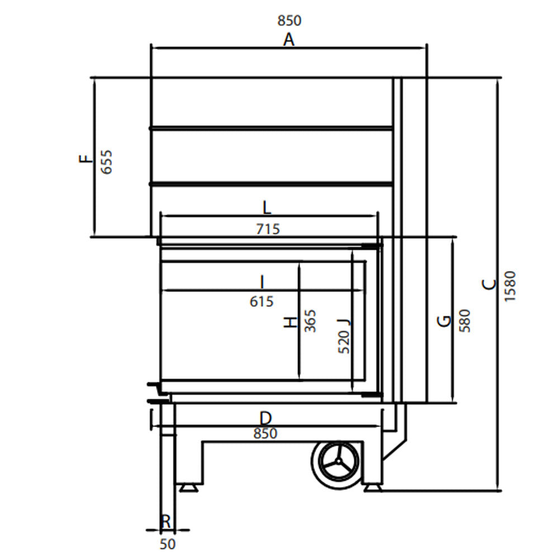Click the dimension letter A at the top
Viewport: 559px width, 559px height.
point(288,40)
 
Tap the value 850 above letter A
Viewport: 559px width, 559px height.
point(289,21)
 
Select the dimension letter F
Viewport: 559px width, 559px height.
point(86,159)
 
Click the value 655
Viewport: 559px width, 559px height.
point(106,162)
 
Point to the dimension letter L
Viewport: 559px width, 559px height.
point(267,209)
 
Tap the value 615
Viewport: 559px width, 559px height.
point(262,302)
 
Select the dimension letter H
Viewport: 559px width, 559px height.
point(290,322)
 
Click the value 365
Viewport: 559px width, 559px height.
point(310,321)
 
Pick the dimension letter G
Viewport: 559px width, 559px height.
point(444,321)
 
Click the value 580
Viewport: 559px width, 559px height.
point(465,321)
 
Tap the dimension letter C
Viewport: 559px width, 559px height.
point(489,285)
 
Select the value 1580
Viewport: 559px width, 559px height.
point(510,286)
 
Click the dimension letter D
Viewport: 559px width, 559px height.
point(266,418)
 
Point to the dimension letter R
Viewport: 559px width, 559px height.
point(166,522)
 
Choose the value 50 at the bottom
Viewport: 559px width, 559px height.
point(168,543)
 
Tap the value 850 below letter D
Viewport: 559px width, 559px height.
point(265,434)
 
